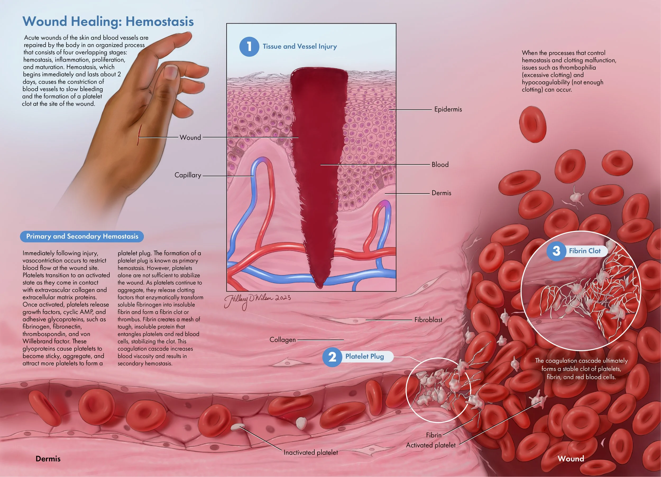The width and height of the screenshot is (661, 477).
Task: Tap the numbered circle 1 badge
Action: tap(249, 46)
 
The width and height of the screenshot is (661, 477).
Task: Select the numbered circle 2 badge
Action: tap(332, 357)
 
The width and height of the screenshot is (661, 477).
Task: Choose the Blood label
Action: tap(440, 165)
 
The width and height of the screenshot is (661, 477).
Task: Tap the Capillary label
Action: tap(188, 175)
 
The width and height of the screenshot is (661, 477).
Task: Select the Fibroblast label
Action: tap(428, 320)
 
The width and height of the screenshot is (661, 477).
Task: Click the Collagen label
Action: tap(282, 340)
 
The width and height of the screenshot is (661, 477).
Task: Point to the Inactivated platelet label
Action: tap(311, 452)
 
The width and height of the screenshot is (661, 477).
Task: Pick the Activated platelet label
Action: tap(430, 445)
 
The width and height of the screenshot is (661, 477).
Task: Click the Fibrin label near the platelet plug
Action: tap(434, 435)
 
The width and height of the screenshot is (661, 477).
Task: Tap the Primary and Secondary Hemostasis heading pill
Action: tap(82, 236)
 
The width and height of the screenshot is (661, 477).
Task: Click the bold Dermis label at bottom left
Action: tap(48, 459)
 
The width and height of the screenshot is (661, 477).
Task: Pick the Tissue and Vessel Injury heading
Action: tap(300, 46)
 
